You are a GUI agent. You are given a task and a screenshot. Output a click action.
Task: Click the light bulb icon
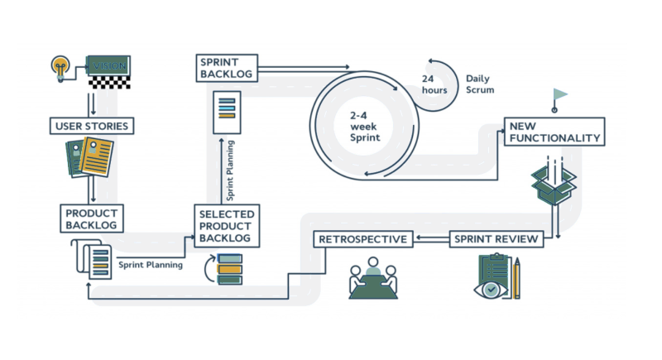click(60, 65)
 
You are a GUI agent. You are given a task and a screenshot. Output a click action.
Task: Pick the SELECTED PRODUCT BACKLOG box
click(227, 226)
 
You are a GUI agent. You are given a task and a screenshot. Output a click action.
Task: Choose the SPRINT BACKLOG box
click(226, 67)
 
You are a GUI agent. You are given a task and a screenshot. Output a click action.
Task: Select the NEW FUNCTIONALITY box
click(554, 132)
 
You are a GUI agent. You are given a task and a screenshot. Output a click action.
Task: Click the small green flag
click(560, 94)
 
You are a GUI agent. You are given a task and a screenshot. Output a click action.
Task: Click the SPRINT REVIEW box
click(497, 240)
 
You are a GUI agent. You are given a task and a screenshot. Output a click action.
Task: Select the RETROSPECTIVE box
click(363, 240)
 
